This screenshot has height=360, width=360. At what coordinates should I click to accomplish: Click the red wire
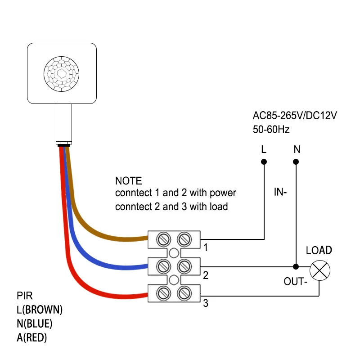90,292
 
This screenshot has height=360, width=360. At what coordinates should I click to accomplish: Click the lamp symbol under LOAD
320,270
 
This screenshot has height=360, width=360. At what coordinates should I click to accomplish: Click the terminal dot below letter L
264,162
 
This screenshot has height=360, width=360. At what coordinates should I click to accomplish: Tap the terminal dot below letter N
296,162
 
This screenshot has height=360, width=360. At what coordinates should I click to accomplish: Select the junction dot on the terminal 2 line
296,266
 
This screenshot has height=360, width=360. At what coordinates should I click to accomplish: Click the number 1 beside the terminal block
206,247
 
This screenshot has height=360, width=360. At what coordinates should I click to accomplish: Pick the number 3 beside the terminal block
206,304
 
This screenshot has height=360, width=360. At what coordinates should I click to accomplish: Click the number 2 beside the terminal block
206,275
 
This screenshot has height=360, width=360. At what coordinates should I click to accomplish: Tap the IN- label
281,193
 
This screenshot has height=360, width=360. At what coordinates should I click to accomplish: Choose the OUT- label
295,282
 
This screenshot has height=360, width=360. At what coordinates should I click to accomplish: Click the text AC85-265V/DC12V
295,116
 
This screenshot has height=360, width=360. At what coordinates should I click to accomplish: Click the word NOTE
128,181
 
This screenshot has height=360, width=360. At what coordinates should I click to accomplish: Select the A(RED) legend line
32,337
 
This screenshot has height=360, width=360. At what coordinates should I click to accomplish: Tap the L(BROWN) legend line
40,310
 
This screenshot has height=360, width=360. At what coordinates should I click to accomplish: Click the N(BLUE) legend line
35,324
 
